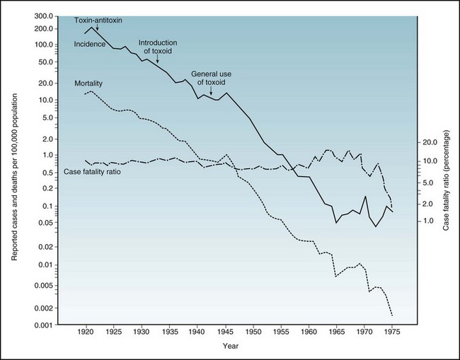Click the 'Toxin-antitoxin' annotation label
pyautogui.click(x=99, y=20)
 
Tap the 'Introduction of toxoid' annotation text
pyautogui.click(x=157, y=46)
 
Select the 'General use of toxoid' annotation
pyautogui.click(x=211, y=78)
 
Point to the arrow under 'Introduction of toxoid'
pyautogui.click(x=157, y=60)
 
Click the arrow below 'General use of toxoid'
pyautogui.click(x=211, y=91)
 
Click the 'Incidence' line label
pyautogui.click(x=90, y=45)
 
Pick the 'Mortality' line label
pyautogui.click(x=89, y=83)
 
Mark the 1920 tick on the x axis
pyautogui.click(x=86, y=330)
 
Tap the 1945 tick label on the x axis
pyautogui.click(x=225, y=330)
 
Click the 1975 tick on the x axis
pyautogui.click(x=391, y=330)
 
